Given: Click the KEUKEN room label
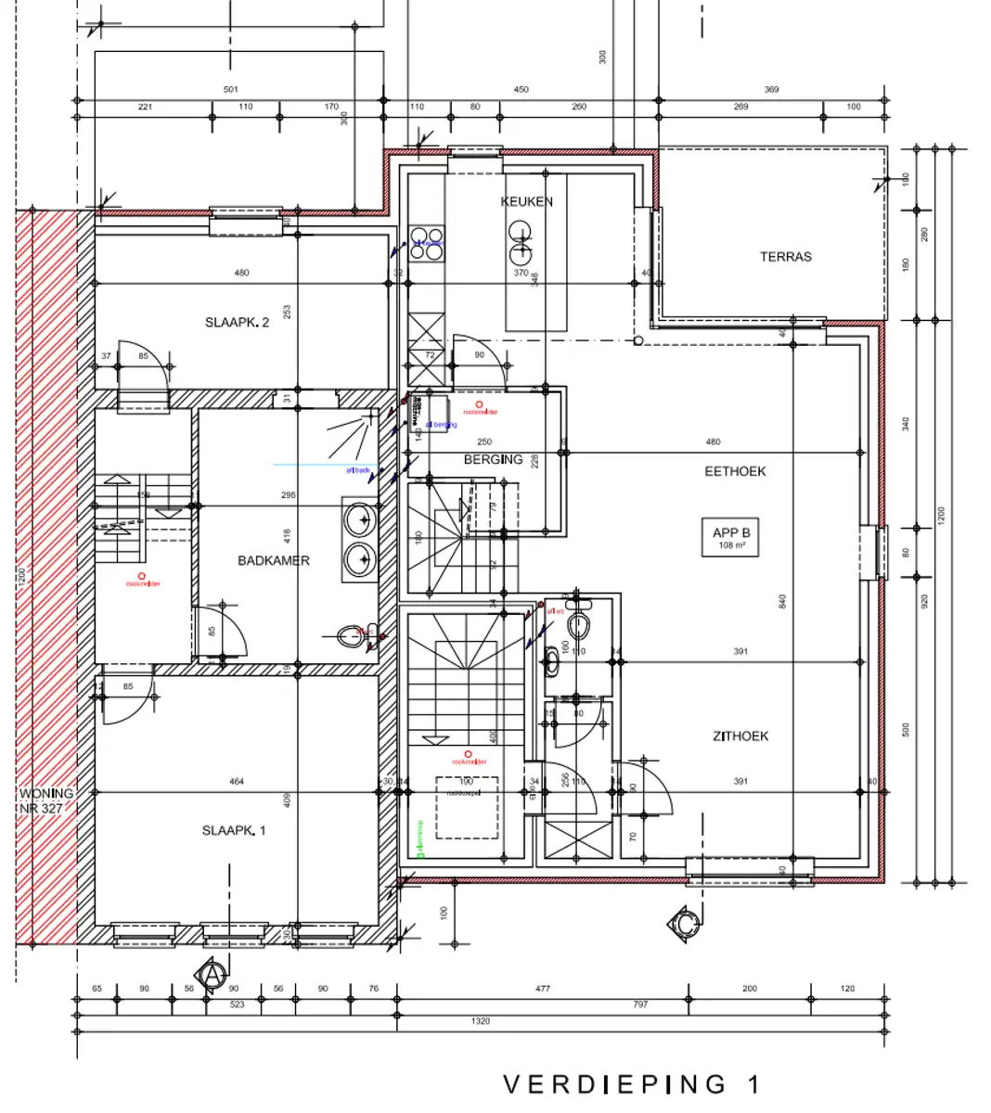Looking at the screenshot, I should [x=526, y=201].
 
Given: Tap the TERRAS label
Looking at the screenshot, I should [x=785, y=257].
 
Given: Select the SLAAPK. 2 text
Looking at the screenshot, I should [x=237, y=323].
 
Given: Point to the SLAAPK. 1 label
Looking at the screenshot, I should [x=234, y=830].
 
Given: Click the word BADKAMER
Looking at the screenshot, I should [x=273, y=560].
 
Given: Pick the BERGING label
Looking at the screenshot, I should [x=493, y=459].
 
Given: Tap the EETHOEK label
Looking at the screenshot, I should [x=735, y=471].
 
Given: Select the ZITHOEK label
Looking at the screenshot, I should [x=740, y=736].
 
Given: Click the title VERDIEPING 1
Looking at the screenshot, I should [x=632, y=1083].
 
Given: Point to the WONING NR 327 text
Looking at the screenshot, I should [x=46, y=800].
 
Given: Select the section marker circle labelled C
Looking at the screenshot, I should [x=684, y=924].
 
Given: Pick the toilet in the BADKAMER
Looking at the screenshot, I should [x=352, y=636].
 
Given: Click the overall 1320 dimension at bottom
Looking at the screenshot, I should [x=480, y=1021].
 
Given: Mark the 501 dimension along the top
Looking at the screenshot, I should [x=230, y=90].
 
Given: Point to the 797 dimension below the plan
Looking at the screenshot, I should [x=639, y=1004].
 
